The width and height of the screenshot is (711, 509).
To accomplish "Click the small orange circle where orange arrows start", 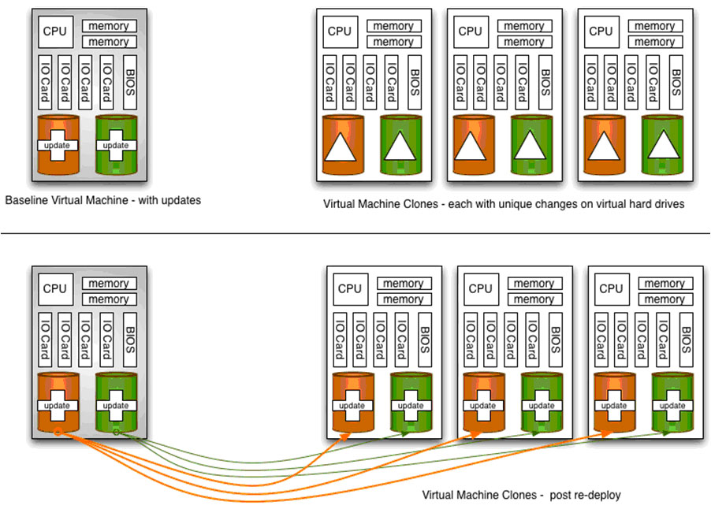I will click(58, 432).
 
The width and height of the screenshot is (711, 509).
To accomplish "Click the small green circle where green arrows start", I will click(116, 432).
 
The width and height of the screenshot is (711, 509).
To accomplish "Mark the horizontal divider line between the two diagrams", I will click(355, 233).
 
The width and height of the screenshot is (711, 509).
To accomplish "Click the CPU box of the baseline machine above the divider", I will click(54, 32).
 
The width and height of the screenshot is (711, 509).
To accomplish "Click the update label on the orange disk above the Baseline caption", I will click(58, 145).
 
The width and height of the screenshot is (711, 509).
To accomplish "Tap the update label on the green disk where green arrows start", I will click(116, 406).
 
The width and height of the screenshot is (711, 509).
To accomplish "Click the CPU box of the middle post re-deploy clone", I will click(480, 288).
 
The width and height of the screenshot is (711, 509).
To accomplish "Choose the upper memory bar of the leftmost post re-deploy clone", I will click(404, 284).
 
